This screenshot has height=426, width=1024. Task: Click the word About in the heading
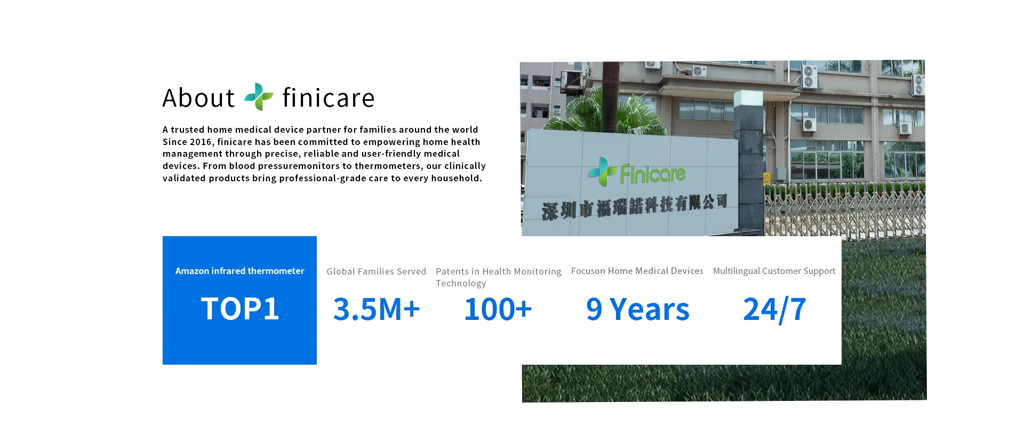198,98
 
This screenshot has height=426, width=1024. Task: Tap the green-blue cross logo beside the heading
259,97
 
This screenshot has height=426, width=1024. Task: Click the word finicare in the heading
329,98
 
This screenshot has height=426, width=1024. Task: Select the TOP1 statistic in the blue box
240,309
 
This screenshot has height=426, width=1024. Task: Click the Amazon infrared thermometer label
240,271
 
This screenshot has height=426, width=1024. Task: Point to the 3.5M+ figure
377,309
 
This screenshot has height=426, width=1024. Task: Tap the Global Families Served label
377,271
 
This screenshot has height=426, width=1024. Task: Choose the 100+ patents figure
498,309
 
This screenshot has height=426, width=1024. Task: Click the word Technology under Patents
461,283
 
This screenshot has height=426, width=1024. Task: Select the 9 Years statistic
637,309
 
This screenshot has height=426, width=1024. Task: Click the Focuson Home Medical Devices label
637,271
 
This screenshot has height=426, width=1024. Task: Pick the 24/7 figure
774,309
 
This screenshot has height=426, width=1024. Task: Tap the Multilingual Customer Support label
774,271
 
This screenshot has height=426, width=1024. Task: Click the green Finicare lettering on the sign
653,174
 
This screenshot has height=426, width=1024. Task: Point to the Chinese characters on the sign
635,206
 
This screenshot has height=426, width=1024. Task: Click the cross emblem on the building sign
602,171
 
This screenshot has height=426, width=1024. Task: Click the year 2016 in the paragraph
201,142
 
